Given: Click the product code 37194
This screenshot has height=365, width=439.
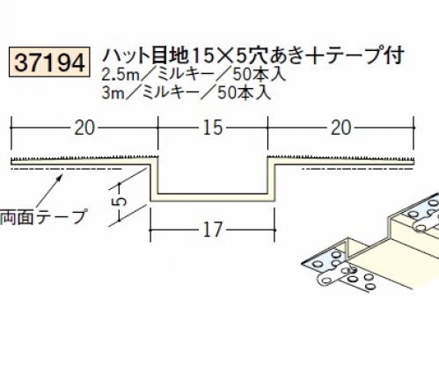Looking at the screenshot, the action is tap(49, 63).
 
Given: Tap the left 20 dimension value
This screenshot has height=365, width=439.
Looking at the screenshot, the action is tap(84, 128).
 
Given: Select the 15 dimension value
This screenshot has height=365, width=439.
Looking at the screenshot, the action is tap(213, 128).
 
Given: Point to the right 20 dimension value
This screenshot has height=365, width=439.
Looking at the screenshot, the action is tap(340, 128).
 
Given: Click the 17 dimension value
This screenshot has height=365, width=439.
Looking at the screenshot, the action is tap(213, 230).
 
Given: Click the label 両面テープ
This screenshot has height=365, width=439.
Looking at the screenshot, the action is tap(43, 217).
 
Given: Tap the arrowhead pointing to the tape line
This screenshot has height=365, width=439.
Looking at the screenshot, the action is tap(60, 177).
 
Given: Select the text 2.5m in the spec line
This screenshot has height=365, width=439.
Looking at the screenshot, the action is tap(121, 76).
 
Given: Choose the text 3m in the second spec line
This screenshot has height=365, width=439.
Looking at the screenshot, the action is tap(113, 93).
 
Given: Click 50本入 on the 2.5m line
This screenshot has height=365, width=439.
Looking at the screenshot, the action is tap(260, 76).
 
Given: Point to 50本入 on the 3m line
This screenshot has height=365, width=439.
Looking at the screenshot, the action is tap(244, 93).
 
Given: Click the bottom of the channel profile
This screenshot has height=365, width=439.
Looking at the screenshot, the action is tap(213, 197).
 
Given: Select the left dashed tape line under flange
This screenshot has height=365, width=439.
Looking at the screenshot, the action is tap(66, 169).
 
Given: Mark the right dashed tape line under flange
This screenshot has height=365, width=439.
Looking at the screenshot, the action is tap(358, 169).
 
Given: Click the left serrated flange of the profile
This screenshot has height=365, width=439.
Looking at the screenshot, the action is tap(81, 161).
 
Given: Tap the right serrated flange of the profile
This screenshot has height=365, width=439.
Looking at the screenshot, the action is tap(340, 161).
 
